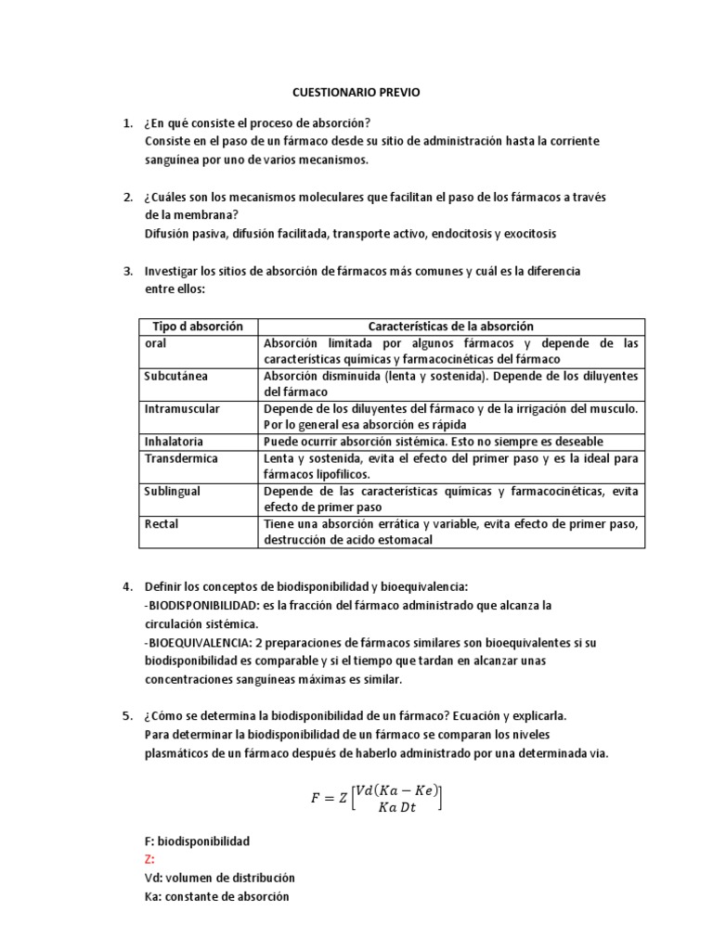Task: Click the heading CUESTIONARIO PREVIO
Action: [356, 93]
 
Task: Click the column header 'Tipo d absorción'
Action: [196, 327]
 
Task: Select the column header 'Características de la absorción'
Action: [450, 327]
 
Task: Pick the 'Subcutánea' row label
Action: [175, 376]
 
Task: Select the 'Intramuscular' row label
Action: [182, 408]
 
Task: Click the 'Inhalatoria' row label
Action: [174, 442]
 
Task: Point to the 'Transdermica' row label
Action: [180, 457]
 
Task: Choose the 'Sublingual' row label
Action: [173, 490]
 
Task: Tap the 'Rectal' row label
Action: [162, 523]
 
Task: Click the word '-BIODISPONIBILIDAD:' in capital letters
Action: [202, 605]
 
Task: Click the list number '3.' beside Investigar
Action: [128, 272]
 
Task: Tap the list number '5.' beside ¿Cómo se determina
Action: [128, 717]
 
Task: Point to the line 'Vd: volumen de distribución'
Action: [219, 878]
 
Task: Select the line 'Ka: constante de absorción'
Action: [216, 896]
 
